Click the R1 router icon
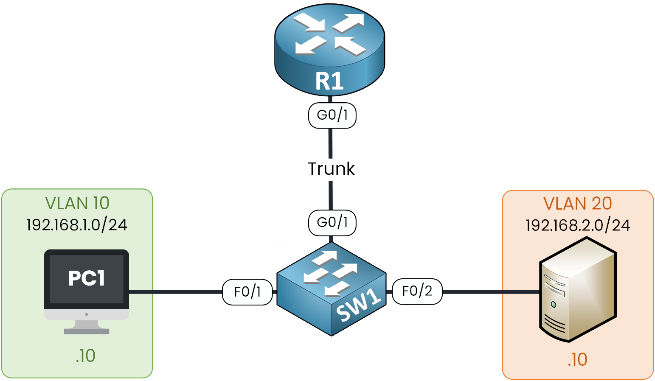(329, 47)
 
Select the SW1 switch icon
(331, 289)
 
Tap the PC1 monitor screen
(87, 278)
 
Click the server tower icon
(577, 291)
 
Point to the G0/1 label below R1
(332, 115)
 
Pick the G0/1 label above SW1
(332, 222)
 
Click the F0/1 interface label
(247, 292)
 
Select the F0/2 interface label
(417, 291)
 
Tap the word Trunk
(331, 169)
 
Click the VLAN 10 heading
(77, 203)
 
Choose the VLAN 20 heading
(577, 204)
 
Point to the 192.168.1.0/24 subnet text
(77, 224)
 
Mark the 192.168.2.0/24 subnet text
(577, 225)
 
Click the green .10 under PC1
(85, 356)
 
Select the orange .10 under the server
(577, 359)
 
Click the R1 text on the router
(329, 81)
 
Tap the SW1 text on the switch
(359, 306)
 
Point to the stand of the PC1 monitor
(87, 328)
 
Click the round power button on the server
(554, 304)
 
